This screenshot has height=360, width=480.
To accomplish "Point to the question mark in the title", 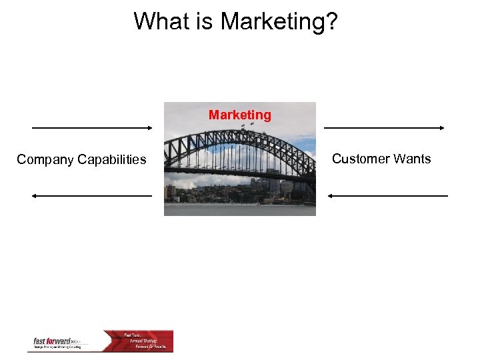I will click(x=332, y=21).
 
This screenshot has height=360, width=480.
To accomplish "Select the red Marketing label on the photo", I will click(x=240, y=115).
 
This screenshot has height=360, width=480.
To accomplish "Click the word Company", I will click(x=45, y=159).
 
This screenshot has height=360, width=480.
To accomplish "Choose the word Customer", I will click(x=361, y=159).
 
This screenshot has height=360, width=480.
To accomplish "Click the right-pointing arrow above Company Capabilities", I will click(x=92, y=127).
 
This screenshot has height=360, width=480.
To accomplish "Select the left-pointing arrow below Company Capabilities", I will click(x=92, y=196).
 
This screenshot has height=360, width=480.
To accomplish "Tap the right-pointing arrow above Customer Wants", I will click(x=385, y=127).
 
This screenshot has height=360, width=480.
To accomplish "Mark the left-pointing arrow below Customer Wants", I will click(x=388, y=196).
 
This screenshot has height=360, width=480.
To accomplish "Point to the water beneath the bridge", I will click(x=240, y=209).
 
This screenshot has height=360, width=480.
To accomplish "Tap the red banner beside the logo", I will click(x=138, y=341).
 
